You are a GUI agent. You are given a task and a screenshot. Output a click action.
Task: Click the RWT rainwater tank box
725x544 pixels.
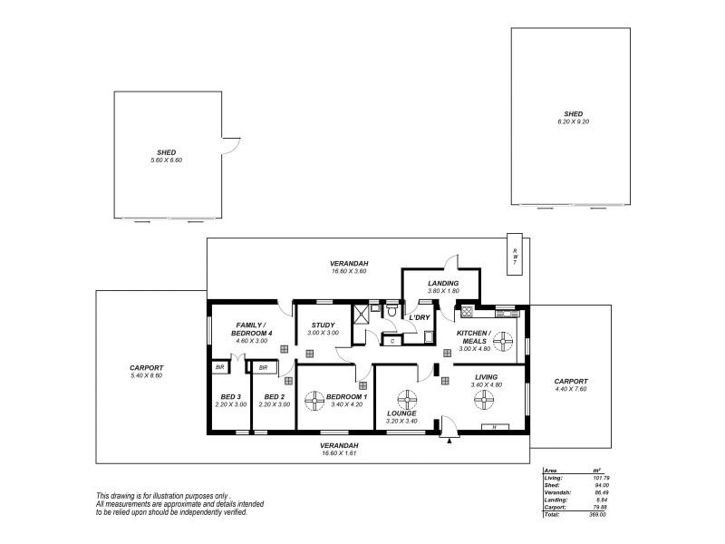[515, 256]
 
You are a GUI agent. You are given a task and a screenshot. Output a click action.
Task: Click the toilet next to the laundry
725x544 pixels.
[391, 311]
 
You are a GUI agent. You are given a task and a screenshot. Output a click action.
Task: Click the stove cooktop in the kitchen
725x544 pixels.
[467, 313]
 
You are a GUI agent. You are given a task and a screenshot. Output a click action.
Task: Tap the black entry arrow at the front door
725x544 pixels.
[449, 440]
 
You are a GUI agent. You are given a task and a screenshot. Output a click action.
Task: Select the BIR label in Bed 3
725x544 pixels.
[219, 367]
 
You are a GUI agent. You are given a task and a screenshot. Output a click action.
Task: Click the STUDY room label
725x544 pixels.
[323, 325]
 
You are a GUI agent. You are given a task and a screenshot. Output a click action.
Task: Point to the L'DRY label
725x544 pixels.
[419, 317]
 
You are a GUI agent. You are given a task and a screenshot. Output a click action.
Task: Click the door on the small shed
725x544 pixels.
[231, 143]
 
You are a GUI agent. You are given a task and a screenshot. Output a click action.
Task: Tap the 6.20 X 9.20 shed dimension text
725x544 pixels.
[574, 122]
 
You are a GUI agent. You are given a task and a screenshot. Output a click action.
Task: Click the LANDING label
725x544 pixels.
[443, 284]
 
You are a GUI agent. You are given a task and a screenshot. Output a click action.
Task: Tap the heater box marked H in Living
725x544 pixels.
[494, 426]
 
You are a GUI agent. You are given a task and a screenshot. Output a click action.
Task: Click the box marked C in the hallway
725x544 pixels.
[391, 341]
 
